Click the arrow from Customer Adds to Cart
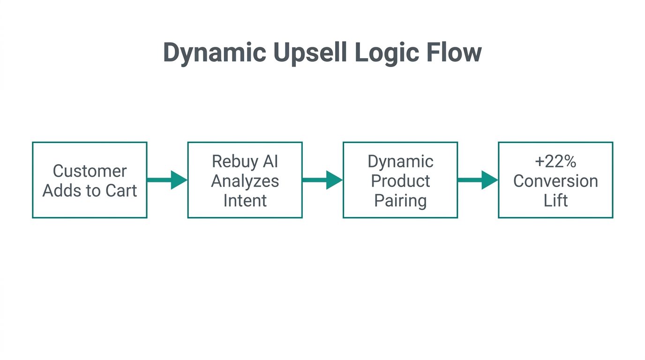[167, 180]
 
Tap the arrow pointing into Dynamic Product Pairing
[322, 180]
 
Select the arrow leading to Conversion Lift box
[477, 180]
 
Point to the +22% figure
[555, 161]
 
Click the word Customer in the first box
[90, 171]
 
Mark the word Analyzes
[245, 181]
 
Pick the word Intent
[245, 201]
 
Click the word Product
[400, 181]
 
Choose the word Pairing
[400, 201]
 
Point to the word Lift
[555, 201]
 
